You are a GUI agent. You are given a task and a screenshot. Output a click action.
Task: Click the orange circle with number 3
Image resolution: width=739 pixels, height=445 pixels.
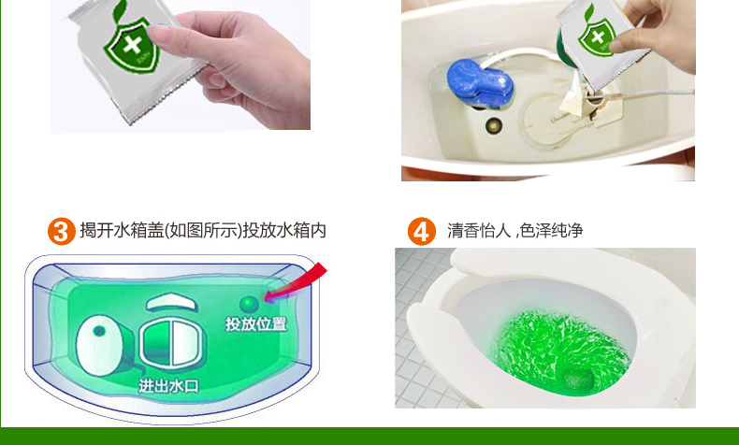coord(61,231)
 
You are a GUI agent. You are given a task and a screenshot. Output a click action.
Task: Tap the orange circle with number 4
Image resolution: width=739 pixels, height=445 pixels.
coord(421,231)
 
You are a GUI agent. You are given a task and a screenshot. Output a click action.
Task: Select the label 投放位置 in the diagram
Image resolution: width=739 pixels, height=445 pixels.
coord(256,324)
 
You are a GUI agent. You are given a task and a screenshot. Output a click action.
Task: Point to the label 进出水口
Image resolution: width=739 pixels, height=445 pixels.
coord(168,386)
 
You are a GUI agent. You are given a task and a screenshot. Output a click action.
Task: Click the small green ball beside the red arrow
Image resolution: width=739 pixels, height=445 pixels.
coord(249,304)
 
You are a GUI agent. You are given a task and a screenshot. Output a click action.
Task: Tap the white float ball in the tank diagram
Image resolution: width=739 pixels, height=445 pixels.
coord(99,345)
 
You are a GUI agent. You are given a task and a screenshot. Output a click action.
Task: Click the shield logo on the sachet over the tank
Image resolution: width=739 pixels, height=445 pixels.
coord(598,36)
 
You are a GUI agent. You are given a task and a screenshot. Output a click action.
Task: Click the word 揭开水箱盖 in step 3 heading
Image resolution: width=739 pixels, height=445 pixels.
coord(122,231)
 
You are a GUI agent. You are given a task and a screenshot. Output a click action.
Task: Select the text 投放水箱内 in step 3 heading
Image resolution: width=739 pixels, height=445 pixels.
coord(284,231)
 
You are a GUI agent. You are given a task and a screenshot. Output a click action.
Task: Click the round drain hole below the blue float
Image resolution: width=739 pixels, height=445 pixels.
coord(494,125)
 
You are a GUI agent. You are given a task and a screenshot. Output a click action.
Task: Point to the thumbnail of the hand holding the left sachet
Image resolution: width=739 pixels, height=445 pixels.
coord(180,65)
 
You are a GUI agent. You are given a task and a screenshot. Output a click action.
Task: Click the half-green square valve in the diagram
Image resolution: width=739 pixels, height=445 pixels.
coord(172,343)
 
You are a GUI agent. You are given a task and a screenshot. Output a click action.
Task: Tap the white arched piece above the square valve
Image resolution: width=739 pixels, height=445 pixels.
coord(171,303)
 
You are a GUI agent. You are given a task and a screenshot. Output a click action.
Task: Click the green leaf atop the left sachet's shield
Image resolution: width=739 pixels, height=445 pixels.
coord(120,11)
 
